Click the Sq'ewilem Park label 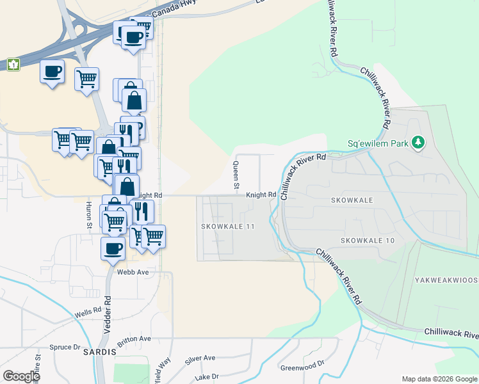tap(377, 143)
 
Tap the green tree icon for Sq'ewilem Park tap(418, 141)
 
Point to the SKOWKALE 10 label tap(368, 240)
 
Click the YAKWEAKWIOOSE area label tap(446, 280)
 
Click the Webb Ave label tap(133, 272)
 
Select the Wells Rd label tap(88, 314)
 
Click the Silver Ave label tap(200, 358)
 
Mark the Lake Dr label tap(206, 376)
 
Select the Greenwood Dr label tap(303, 367)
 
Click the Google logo tap(21, 376)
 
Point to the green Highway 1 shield tap(13, 65)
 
